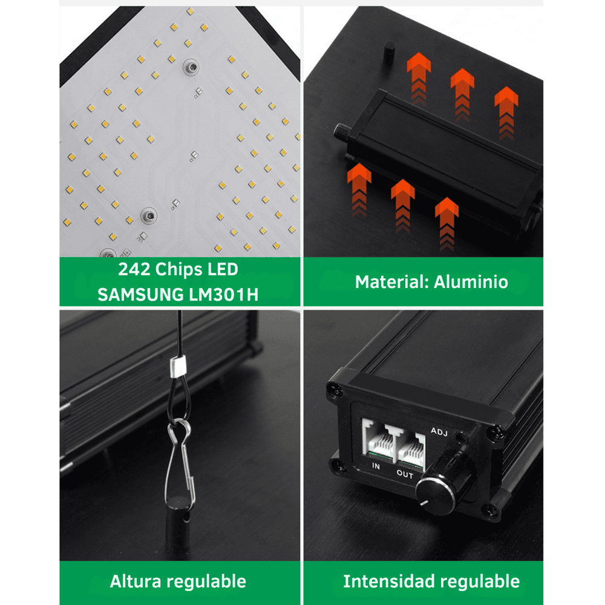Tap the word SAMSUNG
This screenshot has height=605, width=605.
(x=140, y=295)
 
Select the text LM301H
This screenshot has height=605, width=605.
(x=224, y=295)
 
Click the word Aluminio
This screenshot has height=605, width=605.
(x=471, y=282)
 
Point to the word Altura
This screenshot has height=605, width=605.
(x=135, y=581)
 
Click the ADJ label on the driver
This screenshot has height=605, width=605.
(x=439, y=431)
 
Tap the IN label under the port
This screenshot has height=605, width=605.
(x=376, y=466)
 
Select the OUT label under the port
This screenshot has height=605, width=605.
(x=405, y=474)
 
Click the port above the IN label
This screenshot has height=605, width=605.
(x=378, y=440)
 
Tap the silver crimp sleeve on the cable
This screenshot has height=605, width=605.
(x=178, y=367)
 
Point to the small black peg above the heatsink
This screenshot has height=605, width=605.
(x=389, y=53)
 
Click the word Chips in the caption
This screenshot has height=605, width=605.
(x=179, y=269)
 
